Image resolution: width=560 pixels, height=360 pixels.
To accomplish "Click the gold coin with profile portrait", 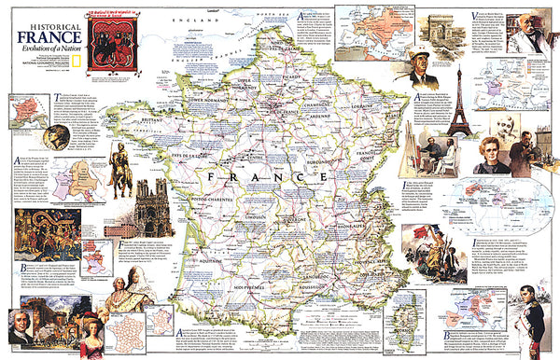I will coord(59,136).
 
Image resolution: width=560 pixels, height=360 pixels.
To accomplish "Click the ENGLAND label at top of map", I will coord(218,19).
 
